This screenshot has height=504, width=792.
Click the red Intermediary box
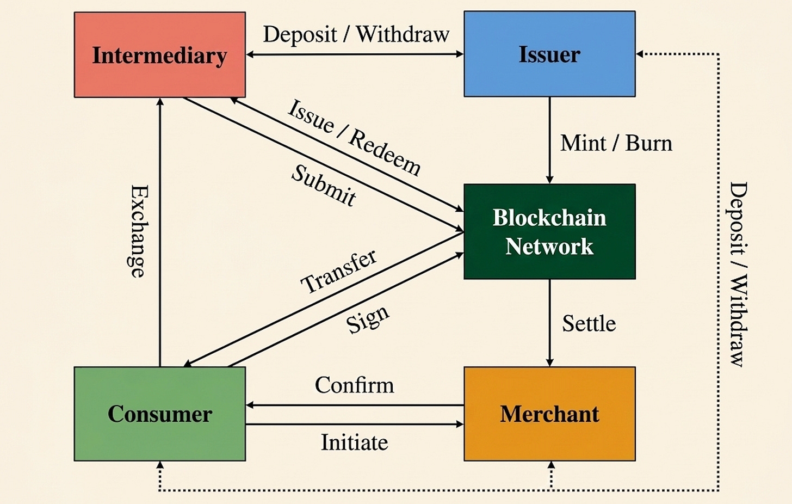tap(159, 55)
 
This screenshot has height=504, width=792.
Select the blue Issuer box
tap(549, 54)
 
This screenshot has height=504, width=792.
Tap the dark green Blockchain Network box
tap(549, 231)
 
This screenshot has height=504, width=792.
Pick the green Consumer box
tap(159, 414)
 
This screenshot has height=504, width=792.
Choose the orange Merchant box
tap(549, 414)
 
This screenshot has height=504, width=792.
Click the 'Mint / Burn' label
tap(616, 143)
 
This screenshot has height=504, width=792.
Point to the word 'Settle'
tap(589, 324)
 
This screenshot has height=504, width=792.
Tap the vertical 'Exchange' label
tap(139, 231)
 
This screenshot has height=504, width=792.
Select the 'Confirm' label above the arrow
tap(354, 385)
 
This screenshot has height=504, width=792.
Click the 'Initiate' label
tap(354, 442)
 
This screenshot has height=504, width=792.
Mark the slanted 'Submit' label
tap(324, 186)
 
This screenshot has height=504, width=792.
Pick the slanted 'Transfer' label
tap(339, 271)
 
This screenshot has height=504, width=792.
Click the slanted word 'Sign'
tap(368, 319)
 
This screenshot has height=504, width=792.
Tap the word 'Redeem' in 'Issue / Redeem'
tap(385, 153)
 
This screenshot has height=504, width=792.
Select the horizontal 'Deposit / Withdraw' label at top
tap(356, 34)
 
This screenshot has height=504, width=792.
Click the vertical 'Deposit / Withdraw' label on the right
tap(738, 274)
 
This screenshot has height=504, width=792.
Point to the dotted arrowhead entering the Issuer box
tap(640, 54)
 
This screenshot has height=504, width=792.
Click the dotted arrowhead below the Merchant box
tap(551, 465)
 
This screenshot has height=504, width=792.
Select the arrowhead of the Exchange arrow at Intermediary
tap(160, 102)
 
